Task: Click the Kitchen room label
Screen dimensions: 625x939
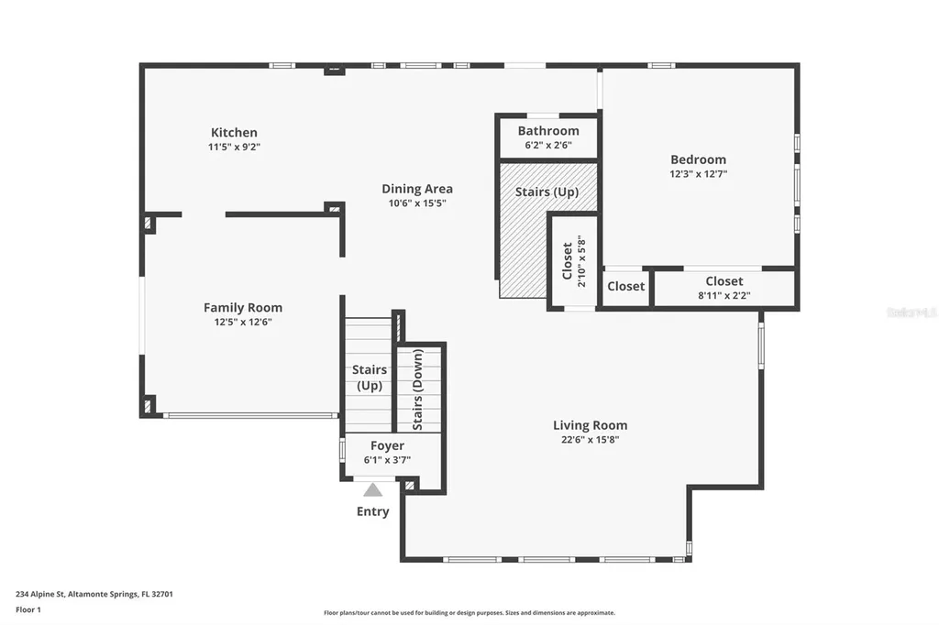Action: coord(234,132)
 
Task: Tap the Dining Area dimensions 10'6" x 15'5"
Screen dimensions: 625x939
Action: coord(417,203)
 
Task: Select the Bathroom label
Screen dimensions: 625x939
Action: coord(548,131)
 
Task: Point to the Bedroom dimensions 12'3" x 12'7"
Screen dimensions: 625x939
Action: coord(698,173)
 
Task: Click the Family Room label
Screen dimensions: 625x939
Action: coord(243,308)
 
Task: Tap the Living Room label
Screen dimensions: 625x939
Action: coord(590,425)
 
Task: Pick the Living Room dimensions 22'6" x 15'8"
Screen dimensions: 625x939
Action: coord(590,439)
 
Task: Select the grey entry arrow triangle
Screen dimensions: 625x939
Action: coord(372,489)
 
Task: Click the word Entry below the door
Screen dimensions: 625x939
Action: coord(372,511)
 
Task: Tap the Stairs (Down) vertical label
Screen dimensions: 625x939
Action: coord(418,389)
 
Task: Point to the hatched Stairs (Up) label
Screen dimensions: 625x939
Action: coord(547,192)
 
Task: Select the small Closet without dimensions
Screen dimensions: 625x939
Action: coord(626,286)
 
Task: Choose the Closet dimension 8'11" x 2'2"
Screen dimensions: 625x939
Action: coord(724,296)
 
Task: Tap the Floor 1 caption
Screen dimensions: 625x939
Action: coord(30,609)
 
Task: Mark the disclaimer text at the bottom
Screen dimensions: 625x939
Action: coord(469,612)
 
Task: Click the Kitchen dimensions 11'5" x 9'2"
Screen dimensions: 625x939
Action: coord(234,146)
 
